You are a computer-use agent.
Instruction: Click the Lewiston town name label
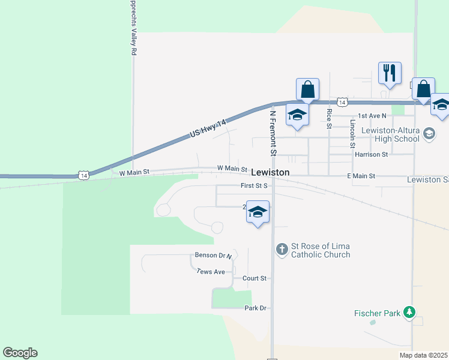[270, 172]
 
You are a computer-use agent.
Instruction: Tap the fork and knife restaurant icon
[390, 73]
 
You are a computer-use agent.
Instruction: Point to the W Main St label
[232, 169]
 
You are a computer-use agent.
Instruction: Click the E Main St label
[361, 176]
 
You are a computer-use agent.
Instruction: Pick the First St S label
[253, 186]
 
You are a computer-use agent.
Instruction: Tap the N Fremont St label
[273, 133]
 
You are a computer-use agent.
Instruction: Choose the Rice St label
[329, 118]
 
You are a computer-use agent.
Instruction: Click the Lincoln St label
[352, 133]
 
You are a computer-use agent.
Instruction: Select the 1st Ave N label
[371, 115]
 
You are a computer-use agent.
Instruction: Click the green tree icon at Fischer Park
[409, 312]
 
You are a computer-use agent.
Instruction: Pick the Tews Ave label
[211, 272]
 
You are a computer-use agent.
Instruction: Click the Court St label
[254, 278]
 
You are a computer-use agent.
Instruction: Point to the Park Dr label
[255, 308]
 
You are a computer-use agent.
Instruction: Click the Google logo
[20, 353]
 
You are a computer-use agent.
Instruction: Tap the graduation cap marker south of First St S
[258, 212]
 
